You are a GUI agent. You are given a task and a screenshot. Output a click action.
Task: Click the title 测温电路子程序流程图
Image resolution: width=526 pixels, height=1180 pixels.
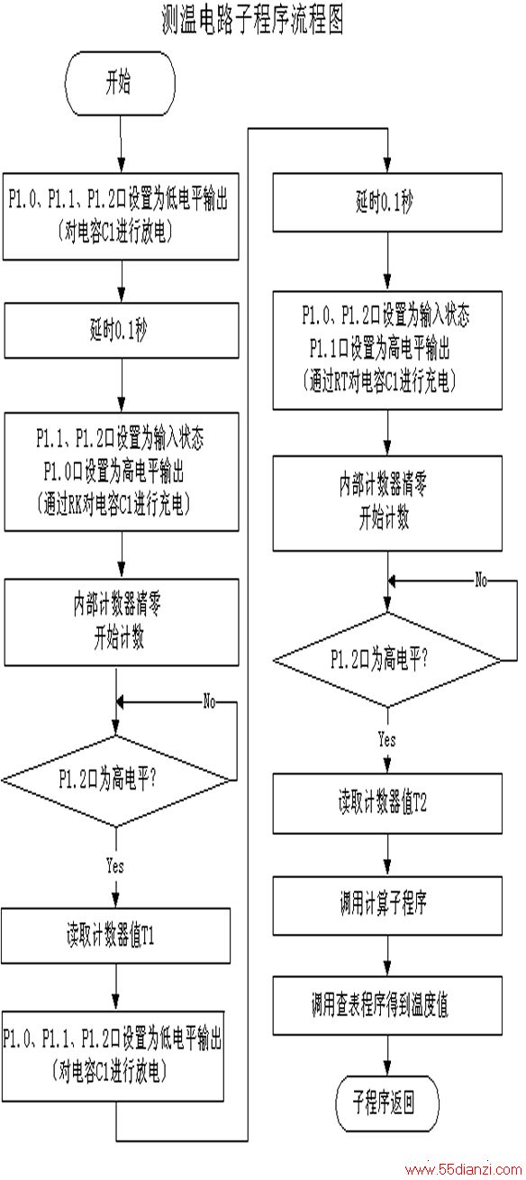[253, 20]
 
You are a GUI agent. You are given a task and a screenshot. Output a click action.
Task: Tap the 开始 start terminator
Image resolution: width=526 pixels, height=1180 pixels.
[120, 83]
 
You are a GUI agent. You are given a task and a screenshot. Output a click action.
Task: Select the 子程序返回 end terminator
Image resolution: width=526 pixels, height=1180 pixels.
[387, 1103]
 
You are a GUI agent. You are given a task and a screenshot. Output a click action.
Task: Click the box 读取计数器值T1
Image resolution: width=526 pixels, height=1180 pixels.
[116, 935]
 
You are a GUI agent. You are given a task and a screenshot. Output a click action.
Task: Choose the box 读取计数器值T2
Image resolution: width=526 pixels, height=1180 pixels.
[387, 803]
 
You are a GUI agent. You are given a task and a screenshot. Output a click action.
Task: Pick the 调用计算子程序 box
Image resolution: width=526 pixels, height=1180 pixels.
[387, 905]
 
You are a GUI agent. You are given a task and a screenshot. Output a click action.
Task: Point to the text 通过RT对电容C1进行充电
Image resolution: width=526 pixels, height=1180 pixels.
[380, 381]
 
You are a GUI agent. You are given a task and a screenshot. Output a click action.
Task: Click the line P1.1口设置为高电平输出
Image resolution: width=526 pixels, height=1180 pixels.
[379, 349]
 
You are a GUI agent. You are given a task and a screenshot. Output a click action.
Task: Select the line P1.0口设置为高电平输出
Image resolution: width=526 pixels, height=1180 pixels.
[113, 471]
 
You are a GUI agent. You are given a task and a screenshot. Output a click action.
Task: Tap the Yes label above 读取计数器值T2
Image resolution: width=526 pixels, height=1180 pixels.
[386, 739]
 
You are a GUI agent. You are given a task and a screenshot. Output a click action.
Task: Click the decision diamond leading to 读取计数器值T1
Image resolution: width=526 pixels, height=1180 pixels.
[116, 780]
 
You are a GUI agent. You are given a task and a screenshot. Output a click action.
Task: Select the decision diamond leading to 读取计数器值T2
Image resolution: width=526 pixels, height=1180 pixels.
[387, 660]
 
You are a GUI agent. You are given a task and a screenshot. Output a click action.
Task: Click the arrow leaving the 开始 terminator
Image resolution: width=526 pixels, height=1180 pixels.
[121, 144]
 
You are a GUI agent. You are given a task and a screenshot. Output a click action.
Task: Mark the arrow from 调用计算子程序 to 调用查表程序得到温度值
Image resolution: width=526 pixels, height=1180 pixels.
[387, 955]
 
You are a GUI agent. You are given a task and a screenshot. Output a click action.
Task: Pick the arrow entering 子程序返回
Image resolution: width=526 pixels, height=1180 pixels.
[387, 1055]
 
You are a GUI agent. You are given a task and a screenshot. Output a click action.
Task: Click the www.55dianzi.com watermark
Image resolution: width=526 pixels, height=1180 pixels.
[463, 1170]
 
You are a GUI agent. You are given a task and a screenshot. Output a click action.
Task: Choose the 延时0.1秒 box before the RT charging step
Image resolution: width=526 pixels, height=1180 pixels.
[387, 202]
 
